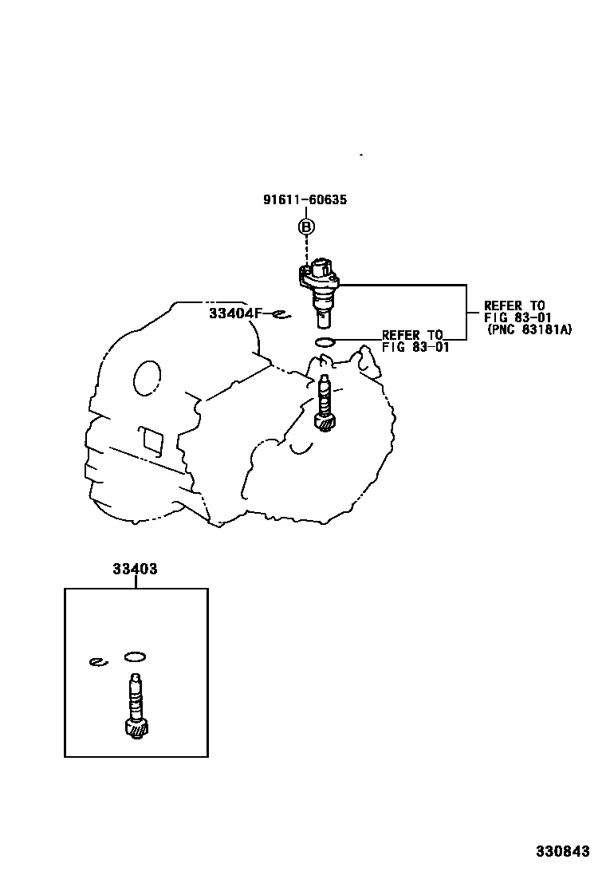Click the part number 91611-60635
[x=305, y=200]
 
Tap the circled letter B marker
[x=306, y=227]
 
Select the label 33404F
[x=235, y=313]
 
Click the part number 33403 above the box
[x=135, y=570]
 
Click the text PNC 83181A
[x=530, y=329]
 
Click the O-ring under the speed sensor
[x=325, y=343]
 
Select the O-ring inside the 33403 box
[x=135, y=656]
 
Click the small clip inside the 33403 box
[x=97, y=660]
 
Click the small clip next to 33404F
[x=278, y=314]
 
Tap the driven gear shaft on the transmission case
[x=325, y=404]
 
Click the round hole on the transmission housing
[x=147, y=376]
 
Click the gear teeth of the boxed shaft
[x=136, y=727]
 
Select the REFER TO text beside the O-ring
[x=411, y=336]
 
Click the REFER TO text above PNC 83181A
[x=514, y=306]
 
